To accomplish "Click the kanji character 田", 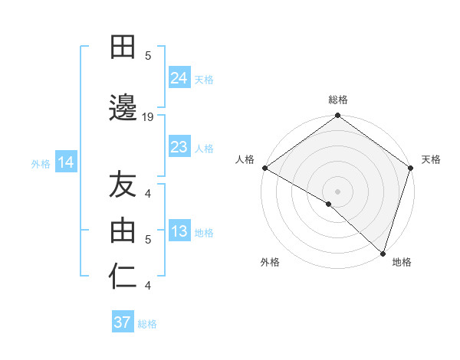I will (x=123, y=48).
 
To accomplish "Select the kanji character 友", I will (x=123, y=185).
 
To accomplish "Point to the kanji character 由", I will (x=123, y=229).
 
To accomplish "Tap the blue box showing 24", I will (x=179, y=78).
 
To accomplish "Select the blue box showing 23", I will (x=179, y=147).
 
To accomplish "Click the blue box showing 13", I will (x=179, y=232).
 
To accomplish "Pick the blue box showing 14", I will (x=65, y=162).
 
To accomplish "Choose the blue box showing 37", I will (x=123, y=322).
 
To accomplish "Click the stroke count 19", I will (x=149, y=116).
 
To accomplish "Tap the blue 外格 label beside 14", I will (x=41, y=163).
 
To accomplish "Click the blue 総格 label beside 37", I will (x=148, y=323).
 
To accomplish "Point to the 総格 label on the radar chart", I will (x=338, y=100).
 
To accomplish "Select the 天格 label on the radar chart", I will (x=431, y=159).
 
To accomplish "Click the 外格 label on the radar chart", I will (x=270, y=262).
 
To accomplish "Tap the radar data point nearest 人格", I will (x=264, y=168).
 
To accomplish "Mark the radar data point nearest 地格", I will (x=383, y=253).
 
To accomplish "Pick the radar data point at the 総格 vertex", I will (x=338, y=116).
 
